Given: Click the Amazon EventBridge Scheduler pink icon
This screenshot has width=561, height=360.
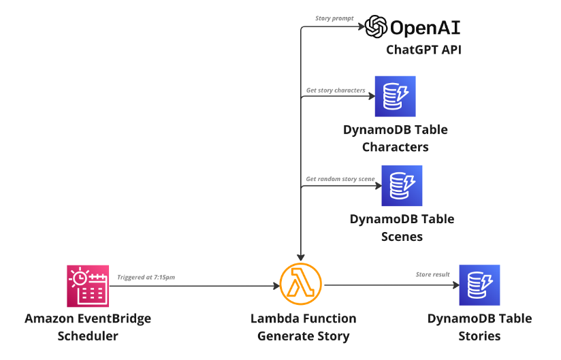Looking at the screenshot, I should pyautogui.click(x=88, y=285).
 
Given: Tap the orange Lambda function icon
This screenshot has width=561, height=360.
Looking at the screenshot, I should pyautogui.click(x=300, y=285).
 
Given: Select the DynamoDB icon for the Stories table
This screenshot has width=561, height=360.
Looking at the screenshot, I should pyautogui.click(x=479, y=285).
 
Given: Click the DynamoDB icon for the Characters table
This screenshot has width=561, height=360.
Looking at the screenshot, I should pyautogui.click(x=395, y=97).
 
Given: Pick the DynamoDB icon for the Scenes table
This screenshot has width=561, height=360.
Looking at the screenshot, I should pyautogui.click(x=402, y=185).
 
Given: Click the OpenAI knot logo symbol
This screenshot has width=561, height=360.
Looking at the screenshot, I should pyautogui.click(x=376, y=27).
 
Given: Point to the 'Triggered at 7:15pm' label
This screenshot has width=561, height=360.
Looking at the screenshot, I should pyautogui.click(x=147, y=277).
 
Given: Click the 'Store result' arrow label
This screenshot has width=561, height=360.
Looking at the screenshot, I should pyautogui.click(x=432, y=274).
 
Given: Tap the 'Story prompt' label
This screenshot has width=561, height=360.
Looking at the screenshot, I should pyautogui.click(x=334, y=18).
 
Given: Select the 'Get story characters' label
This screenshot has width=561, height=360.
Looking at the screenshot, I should pyautogui.click(x=335, y=90).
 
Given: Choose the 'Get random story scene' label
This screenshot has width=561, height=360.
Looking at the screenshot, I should pyautogui.click(x=340, y=178).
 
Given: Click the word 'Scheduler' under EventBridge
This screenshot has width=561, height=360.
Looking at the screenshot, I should pyautogui.click(x=88, y=336).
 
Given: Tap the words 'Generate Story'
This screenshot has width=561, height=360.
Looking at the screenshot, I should pyautogui.click(x=303, y=336).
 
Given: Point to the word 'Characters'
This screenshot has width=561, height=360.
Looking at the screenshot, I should pyautogui.click(x=395, y=147).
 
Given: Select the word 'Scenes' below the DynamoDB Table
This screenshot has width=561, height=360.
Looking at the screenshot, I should pyautogui.click(x=402, y=236).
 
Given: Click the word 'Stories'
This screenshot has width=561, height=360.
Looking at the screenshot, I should pyautogui.click(x=479, y=336).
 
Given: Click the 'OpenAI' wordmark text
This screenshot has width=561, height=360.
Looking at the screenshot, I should pyautogui.click(x=425, y=27).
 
